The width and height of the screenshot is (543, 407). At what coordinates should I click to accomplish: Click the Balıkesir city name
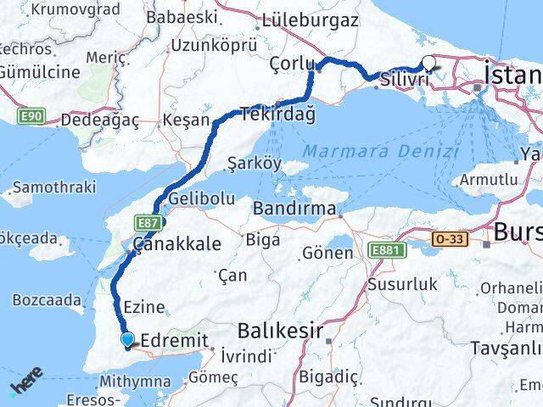click(280, 331)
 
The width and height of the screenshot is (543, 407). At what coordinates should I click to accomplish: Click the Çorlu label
click(291, 64)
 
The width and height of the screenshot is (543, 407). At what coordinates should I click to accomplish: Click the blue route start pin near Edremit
click(127, 340)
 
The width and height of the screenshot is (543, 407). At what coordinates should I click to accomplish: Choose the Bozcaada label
click(48, 299)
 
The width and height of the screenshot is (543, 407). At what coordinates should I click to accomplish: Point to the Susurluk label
click(405, 277)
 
